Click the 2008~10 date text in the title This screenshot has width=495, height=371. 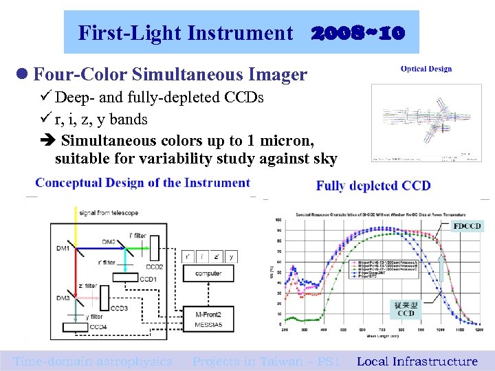[357, 32]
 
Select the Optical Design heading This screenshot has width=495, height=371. [426, 69]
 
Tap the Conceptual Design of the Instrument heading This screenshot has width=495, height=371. [142, 183]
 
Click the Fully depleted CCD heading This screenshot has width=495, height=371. [373, 185]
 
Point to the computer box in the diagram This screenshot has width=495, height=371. [208, 273]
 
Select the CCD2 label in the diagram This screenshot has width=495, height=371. [154, 266]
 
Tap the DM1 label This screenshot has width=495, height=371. [63, 247]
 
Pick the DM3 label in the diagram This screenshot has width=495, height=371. [63, 297]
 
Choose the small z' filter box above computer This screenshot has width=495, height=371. [217, 257]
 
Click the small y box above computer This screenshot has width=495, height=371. [232, 257]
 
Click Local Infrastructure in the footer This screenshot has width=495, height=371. [417, 361]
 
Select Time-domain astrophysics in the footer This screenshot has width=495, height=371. [93, 361]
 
